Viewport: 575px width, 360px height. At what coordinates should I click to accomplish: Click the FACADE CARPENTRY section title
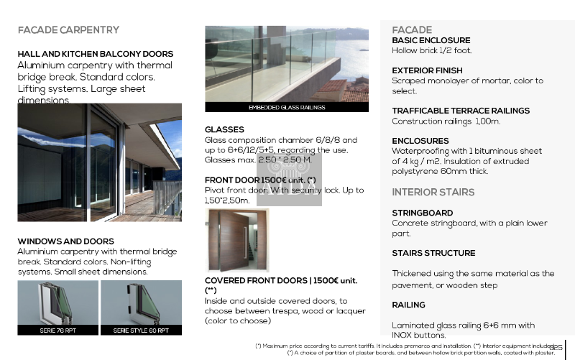click(68, 30)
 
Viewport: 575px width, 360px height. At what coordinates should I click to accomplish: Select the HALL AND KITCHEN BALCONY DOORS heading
click(95, 54)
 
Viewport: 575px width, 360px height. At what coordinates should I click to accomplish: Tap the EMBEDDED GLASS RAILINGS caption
click(286, 108)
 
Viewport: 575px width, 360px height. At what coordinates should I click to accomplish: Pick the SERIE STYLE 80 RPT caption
click(141, 331)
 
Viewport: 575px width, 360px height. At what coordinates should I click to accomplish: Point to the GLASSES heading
click(224, 130)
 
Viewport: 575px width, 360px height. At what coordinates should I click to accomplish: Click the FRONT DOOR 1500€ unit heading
click(260, 180)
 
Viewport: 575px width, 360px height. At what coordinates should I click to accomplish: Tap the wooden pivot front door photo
click(236, 240)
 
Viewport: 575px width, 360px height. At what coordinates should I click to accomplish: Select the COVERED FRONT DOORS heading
click(280, 281)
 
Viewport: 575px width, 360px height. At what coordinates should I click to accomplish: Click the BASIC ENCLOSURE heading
click(431, 40)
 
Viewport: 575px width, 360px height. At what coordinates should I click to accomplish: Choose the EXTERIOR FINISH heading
click(427, 70)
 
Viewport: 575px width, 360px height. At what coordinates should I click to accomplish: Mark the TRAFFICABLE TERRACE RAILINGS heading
click(461, 111)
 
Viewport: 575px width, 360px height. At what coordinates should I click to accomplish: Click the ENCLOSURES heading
click(420, 141)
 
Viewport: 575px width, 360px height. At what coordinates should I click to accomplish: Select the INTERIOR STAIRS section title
click(433, 192)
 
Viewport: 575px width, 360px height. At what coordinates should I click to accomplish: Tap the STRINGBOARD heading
click(422, 213)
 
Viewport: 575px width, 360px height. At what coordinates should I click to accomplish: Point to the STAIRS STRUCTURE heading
click(433, 253)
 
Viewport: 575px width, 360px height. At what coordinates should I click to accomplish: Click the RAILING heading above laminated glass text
click(408, 305)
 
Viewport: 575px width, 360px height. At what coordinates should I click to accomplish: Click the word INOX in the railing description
click(403, 336)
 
